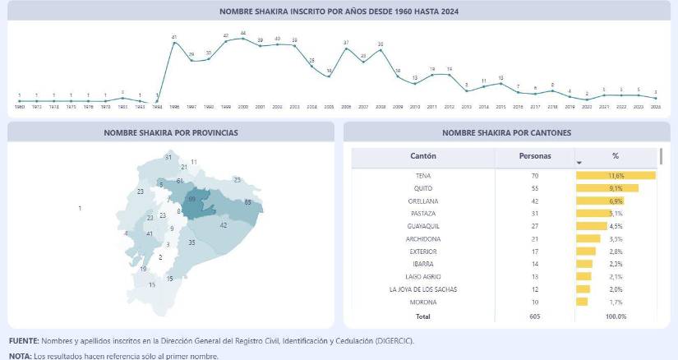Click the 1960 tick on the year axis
point(20,108)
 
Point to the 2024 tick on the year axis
point(655,108)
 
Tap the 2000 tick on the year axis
point(243,108)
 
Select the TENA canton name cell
point(423,176)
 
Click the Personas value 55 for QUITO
point(535,188)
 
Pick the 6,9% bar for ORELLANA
point(600,201)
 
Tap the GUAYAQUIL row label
point(423,226)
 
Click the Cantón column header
point(423,156)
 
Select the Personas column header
point(535,156)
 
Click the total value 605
point(535,316)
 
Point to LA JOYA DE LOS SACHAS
point(423,289)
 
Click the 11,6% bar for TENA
point(616,176)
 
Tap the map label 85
point(248,202)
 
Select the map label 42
point(224,225)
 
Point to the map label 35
point(191,243)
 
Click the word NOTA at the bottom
point(20,356)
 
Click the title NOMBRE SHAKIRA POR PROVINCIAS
point(171,132)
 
